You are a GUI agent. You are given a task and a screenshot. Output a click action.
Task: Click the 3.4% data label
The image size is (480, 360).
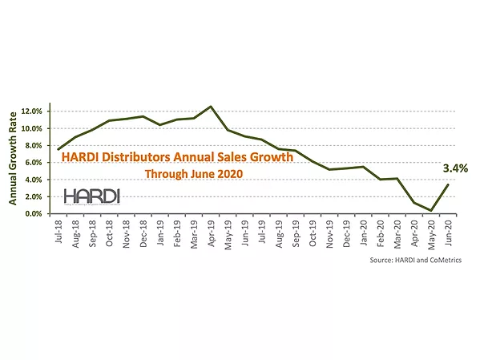coord(456,169)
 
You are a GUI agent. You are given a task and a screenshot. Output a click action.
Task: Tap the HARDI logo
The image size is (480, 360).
coord(92,196)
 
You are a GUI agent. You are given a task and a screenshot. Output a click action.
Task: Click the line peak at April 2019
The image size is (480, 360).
coord(211,106)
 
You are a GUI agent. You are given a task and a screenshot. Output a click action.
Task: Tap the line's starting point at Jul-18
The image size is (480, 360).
coord(58,149)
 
